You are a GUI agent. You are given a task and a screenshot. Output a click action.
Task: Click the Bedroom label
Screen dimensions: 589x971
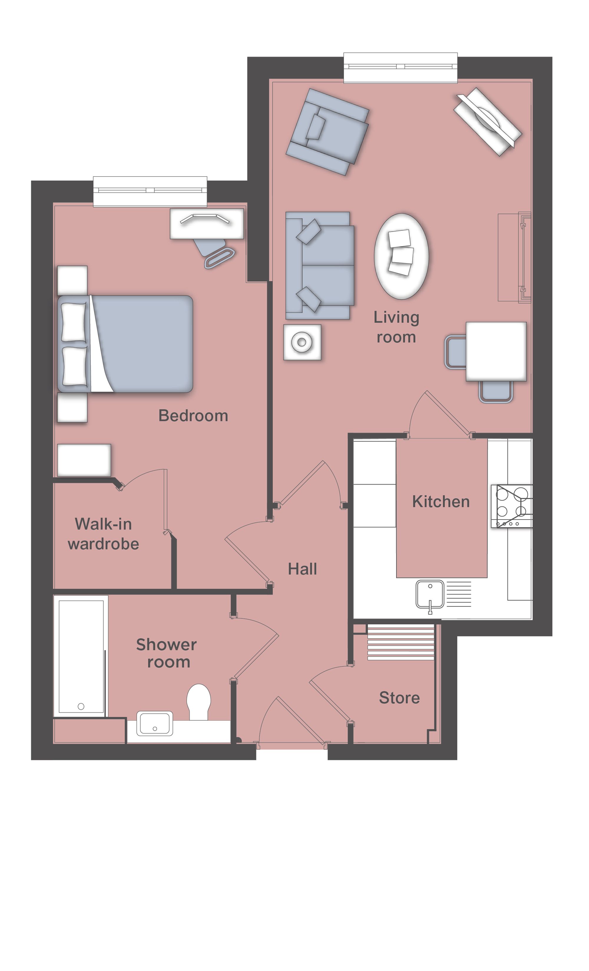[x=193, y=416]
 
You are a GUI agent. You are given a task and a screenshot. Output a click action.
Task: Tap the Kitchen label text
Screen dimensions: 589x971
[x=441, y=502]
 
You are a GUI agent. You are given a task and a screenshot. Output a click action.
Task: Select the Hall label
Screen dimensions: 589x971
[x=302, y=569]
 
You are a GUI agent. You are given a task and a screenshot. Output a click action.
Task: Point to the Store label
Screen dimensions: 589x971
[x=399, y=698]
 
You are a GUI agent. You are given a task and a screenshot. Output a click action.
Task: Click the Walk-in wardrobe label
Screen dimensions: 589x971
[x=103, y=534]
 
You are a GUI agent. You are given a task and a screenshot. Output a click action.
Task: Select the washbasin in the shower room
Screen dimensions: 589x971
[x=155, y=723]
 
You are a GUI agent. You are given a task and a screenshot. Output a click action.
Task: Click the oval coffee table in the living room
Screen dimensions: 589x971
[x=401, y=256]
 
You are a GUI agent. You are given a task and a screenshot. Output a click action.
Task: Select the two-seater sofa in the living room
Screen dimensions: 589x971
[x=320, y=265]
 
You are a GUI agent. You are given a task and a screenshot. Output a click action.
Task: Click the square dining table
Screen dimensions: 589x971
[x=496, y=351]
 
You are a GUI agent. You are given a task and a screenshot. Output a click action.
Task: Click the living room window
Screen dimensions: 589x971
[x=401, y=68]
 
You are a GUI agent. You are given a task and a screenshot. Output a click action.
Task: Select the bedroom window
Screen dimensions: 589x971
[x=150, y=192]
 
